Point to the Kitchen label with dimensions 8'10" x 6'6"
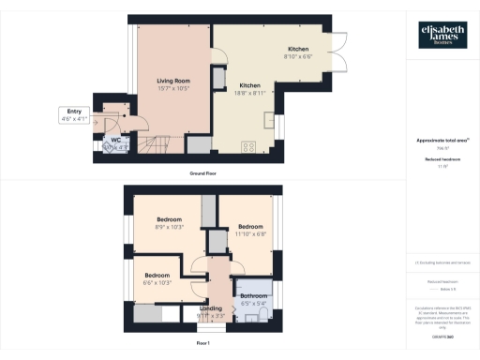299,52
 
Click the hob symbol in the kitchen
250,146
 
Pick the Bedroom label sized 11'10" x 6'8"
250,230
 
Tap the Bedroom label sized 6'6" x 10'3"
157,278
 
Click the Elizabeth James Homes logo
442,35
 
